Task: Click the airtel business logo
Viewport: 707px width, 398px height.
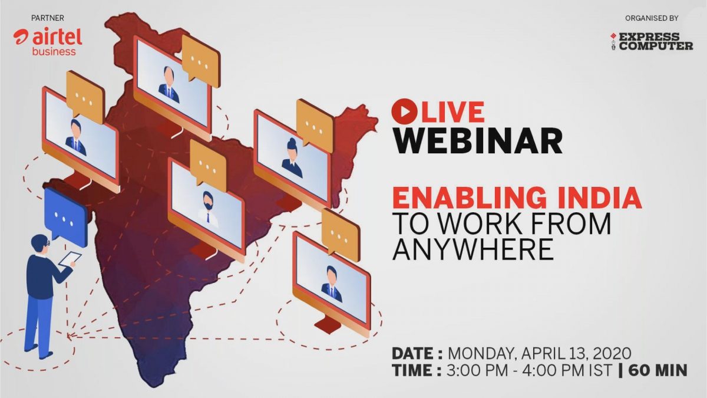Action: coord(48,42)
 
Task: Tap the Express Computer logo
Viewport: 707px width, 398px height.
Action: coord(652,41)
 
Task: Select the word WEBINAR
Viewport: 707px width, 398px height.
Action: coord(477,140)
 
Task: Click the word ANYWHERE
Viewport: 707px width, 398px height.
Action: coord(473,249)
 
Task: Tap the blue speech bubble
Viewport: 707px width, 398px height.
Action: coord(66,218)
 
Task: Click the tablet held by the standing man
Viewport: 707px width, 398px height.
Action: coord(70,259)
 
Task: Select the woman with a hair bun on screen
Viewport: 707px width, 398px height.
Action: coord(292,158)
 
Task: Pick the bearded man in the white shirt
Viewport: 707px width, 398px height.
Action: coord(207,209)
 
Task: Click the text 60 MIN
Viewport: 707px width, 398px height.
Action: coord(658,370)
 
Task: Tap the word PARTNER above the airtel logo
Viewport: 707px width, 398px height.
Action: coord(48,18)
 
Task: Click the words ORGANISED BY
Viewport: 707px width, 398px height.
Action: coord(652,18)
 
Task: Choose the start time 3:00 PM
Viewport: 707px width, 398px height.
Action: coord(477,370)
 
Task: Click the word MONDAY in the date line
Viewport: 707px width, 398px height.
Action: coord(481,353)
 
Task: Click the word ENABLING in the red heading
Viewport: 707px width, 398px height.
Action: coord(469,198)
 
